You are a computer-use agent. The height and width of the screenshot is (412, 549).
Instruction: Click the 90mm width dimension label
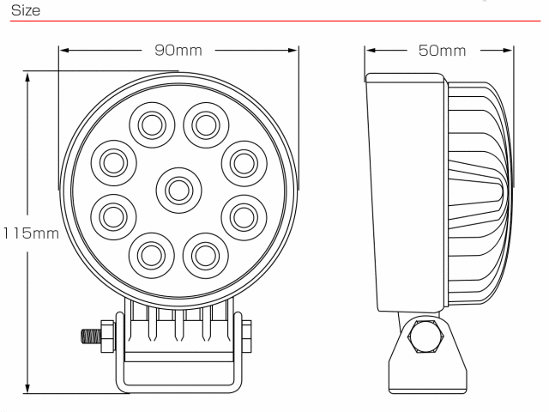tap(178, 51)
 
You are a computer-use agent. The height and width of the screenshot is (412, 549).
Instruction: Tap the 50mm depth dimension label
tap(442, 51)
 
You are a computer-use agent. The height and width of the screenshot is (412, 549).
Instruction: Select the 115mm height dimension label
tap(31, 233)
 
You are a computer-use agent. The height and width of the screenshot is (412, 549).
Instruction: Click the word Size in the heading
tap(26, 10)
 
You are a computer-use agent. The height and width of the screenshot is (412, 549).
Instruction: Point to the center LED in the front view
tap(179, 191)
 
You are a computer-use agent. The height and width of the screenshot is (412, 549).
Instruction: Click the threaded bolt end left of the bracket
tap(91, 336)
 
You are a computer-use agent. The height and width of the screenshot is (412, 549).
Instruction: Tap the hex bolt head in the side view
tap(425, 336)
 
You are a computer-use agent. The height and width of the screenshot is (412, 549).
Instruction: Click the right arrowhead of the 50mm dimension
tap(508, 51)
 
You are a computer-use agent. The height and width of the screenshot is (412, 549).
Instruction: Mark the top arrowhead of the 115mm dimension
tap(27, 77)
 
